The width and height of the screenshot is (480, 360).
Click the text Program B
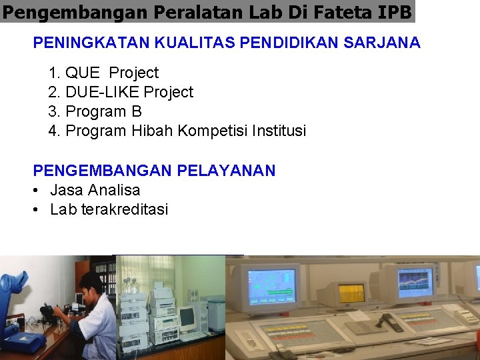pyautogui.click(x=103, y=111)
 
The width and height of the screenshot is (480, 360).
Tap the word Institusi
pyautogui.click(x=279, y=131)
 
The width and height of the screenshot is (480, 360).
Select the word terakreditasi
pyautogui.click(x=125, y=210)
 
